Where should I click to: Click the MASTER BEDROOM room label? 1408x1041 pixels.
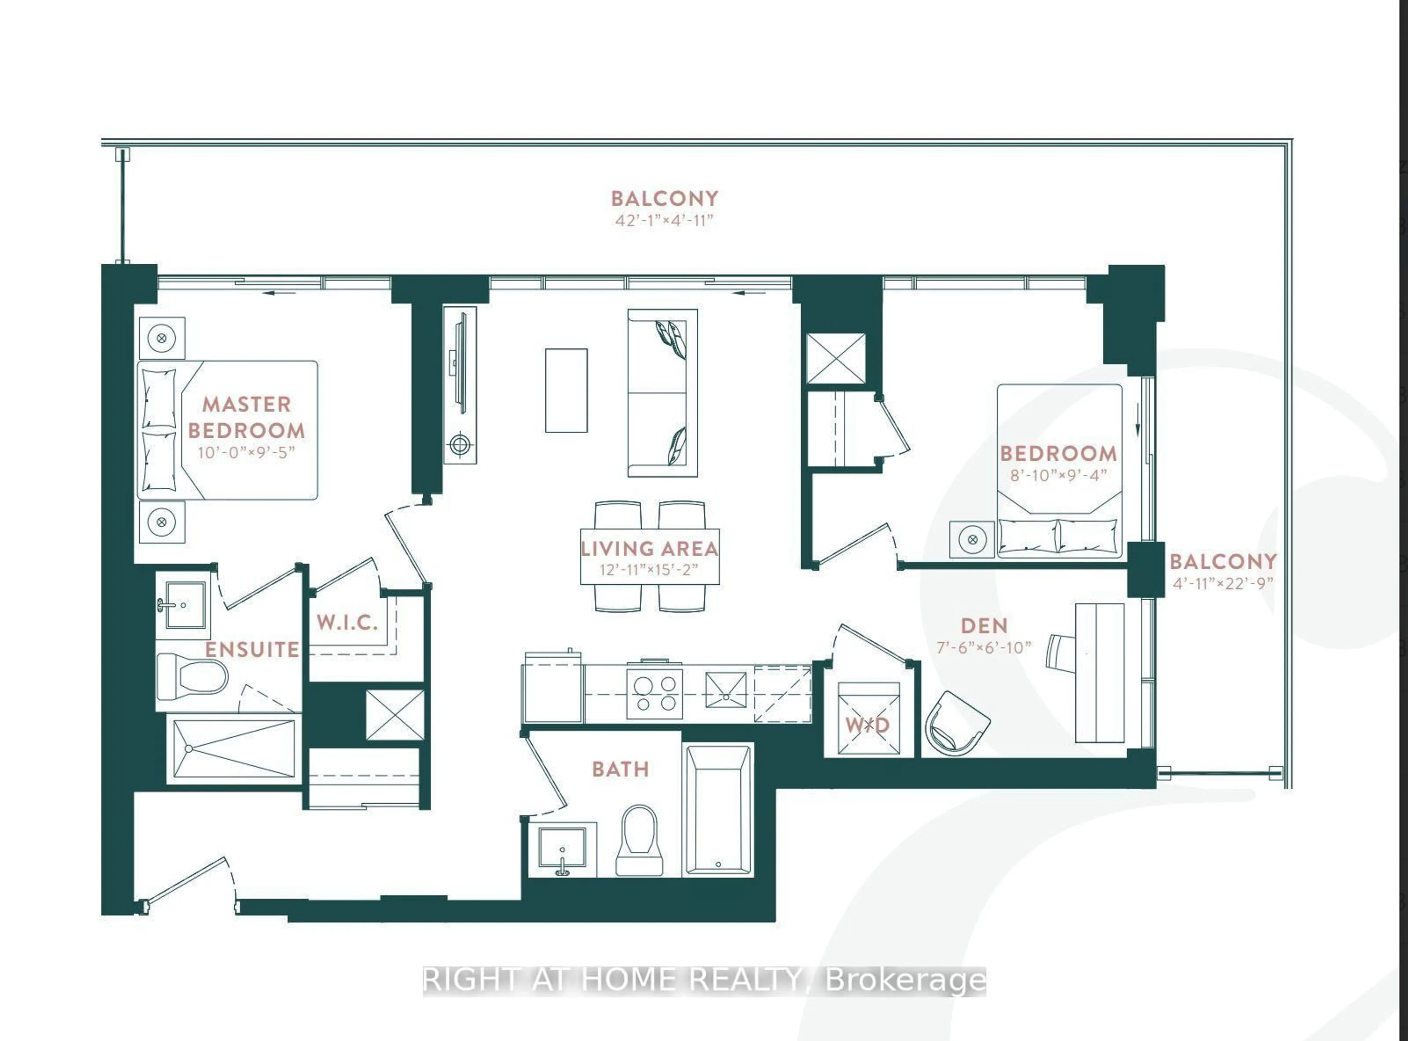point(246,417)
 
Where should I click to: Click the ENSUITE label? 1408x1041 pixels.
point(252,649)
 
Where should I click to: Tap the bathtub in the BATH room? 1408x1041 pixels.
point(718,810)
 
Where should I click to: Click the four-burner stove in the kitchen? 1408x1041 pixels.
point(654,693)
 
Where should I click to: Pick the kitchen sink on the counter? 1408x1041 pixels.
point(725,690)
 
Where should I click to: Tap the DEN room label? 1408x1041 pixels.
point(984,626)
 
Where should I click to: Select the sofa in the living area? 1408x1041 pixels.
point(662,392)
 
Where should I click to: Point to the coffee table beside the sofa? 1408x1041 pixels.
point(566,391)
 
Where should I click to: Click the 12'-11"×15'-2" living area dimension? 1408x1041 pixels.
point(649,570)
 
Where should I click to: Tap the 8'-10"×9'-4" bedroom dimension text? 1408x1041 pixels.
point(1058,475)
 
